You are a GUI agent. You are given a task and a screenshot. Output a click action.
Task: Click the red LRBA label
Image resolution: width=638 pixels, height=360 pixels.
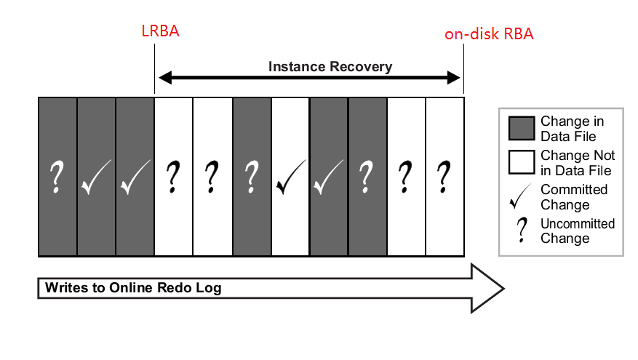click(159, 33)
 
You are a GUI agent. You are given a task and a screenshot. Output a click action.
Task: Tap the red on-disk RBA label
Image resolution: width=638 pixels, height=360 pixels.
click(489, 34)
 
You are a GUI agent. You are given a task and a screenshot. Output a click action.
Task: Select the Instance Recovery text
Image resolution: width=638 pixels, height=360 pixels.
click(330, 67)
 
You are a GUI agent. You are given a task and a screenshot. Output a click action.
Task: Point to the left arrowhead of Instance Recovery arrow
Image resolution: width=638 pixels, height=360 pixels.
click(164, 77)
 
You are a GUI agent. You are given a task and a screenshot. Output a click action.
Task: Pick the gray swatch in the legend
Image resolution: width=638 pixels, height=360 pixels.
click(521, 129)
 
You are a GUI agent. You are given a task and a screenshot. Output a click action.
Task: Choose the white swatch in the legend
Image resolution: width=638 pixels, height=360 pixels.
click(521, 162)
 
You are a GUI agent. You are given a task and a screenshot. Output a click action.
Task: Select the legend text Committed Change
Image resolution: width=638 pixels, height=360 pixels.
click(573, 196)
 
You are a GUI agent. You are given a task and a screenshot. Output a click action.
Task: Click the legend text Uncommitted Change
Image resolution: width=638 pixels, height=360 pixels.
click(577, 231)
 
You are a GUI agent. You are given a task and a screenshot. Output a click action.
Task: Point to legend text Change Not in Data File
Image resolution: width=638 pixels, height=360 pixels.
click(577, 162)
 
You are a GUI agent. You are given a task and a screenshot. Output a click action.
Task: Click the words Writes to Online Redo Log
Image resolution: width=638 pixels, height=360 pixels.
click(133, 288)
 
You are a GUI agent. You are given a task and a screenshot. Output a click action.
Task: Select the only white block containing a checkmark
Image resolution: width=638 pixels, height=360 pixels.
click(290, 177)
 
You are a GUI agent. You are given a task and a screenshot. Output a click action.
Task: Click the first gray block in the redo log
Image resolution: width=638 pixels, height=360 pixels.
click(57, 177)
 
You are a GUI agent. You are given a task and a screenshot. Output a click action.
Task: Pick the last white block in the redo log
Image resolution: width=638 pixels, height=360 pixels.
click(444, 177)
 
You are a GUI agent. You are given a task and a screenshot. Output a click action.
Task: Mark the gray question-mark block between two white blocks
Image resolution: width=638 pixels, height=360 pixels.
click(252, 177)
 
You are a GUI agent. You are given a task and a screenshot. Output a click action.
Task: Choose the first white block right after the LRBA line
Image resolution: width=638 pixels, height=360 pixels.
click(174, 177)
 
